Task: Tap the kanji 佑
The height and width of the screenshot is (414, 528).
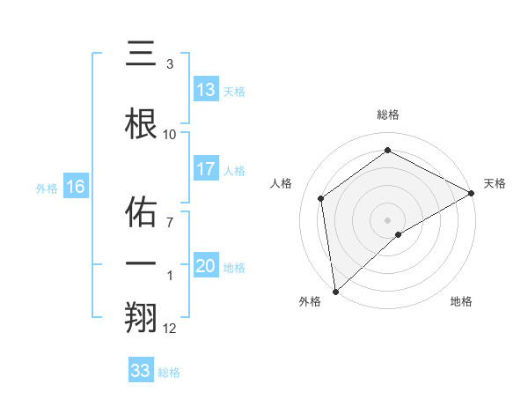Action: pyautogui.click(x=142, y=212)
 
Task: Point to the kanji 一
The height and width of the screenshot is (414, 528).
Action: pyautogui.click(x=142, y=262)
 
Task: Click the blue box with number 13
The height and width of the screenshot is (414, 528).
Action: pyautogui.click(x=205, y=90)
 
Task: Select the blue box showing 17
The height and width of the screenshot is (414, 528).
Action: pyautogui.click(x=205, y=169)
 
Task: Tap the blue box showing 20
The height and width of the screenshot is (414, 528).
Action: pyautogui.click(x=205, y=267)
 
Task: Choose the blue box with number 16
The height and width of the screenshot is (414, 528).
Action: pyautogui.click(x=75, y=187)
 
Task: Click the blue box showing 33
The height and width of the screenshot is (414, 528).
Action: pyautogui.click(x=140, y=371)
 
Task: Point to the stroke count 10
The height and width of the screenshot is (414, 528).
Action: pyautogui.click(x=170, y=134)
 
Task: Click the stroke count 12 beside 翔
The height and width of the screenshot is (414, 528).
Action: pyautogui.click(x=170, y=329)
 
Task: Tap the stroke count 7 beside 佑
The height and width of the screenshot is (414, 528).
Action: pyautogui.click(x=170, y=222)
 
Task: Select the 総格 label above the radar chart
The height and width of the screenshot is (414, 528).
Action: pyautogui.click(x=388, y=115)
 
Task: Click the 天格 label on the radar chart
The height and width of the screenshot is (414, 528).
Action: pyautogui.click(x=495, y=183)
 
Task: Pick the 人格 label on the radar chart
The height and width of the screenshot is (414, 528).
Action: pyautogui.click(x=281, y=183)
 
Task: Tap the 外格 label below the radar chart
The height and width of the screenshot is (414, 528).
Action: pyautogui.click(x=310, y=301)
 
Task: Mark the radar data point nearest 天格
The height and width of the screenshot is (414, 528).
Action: pyautogui.click(x=472, y=193)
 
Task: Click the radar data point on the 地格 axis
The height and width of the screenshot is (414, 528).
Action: pyautogui.click(x=399, y=234)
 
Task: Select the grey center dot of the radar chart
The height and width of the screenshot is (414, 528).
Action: pyautogui.click(x=388, y=219)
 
